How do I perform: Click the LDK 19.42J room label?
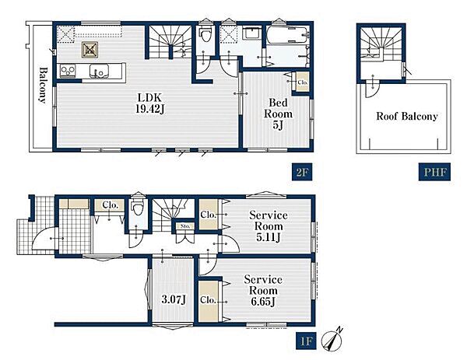point(150,103)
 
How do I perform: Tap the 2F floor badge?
point(302,172)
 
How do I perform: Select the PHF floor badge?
point(434,172)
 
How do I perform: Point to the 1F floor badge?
point(306,341)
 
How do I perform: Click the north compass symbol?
point(332,339)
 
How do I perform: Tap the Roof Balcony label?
point(407,116)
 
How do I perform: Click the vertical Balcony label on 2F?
point(44,86)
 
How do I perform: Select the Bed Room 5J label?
point(278,114)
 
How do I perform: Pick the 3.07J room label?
point(174,299)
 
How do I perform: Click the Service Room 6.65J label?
point(263,290)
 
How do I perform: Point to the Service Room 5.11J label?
point(269,226)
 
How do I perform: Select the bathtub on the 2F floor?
point(287,35)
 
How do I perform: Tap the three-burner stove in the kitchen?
point(68,71)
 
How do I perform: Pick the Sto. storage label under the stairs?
point(185,226)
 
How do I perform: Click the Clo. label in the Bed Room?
point(303,82)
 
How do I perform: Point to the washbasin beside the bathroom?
point(252,33)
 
